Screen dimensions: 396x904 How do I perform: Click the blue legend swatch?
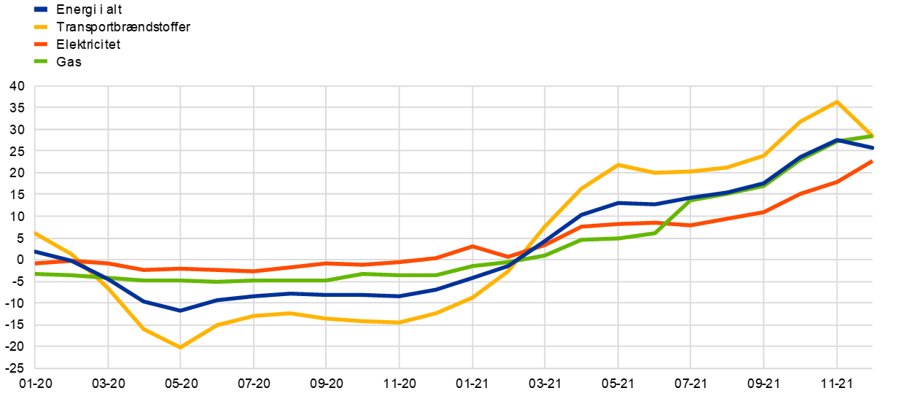pyautogui.click(x=40, y=9)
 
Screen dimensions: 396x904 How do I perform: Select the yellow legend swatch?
pyautogui.click(x=40, y=27)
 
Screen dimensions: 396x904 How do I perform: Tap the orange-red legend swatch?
pyautogui.click(x=40, y=44)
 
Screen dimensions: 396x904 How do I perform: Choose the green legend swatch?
pyautogui.click(x=40, y=61)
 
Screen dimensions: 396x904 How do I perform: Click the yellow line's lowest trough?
pyautogui.click(x=180, y=347)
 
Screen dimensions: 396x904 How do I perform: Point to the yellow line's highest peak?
pyautogui.click(x=836, y=101)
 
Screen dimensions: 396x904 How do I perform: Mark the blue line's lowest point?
pyautogui.click(x=180, y=311)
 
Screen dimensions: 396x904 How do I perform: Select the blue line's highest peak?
pyautogui.click(x=836, y=140)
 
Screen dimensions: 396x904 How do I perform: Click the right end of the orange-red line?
pyautogui.click(x=872, y=161)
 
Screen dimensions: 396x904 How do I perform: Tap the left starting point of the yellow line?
pyautogui.click(x=35, y=233)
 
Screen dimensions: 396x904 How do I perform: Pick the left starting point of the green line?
pyautogui.click(x=35, y=274)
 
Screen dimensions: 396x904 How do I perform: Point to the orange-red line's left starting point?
pyautogui.click(x=35, y=263)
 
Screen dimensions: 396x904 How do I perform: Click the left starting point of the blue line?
pyautogui.click(x=35, y=252)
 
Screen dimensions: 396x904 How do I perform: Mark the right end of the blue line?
pyautogui.click(x=872, y=148)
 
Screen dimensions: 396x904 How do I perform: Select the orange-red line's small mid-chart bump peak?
pyautogui.click(x=472, y=246)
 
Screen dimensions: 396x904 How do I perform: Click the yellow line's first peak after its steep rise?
pyautogui.click(x=618, y=164)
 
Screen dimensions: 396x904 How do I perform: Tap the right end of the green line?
pyautogui.click(x=872, y=136)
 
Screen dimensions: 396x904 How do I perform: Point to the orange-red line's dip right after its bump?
pyautogui.click(x=509, y=257)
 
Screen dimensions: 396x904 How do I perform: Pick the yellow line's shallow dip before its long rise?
pyautogui.click(x=399, y=322)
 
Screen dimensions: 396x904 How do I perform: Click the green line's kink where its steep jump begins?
pyautogui.click(x=655, y=233)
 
